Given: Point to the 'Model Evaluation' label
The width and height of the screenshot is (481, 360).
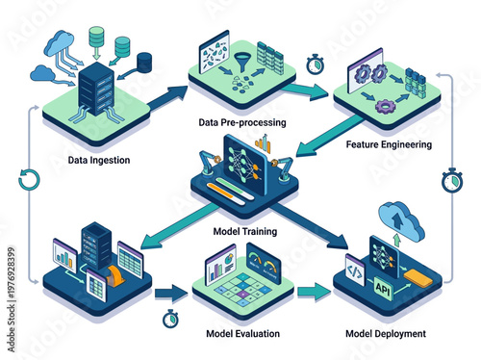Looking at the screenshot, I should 243,334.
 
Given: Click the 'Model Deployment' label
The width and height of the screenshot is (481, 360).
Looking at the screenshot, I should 385,334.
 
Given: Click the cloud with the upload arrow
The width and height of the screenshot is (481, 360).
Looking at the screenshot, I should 402,219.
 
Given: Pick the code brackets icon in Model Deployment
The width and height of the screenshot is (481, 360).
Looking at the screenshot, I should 354,272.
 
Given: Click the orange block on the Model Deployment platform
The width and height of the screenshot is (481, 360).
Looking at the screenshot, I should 421,280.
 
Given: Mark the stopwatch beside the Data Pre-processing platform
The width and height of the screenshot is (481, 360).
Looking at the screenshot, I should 315,64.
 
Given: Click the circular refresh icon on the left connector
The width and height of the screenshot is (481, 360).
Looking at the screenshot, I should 29,179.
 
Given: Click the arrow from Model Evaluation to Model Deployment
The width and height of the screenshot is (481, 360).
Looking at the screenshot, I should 310,292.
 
